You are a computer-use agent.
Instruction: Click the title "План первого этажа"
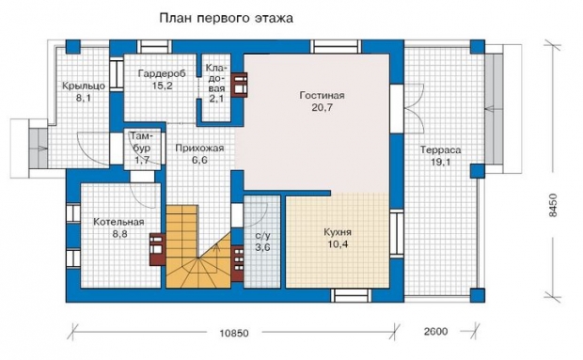(x=226, y=18)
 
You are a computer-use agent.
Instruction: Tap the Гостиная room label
(x=322, y=96)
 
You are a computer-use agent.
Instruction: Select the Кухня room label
(x=338, y=232)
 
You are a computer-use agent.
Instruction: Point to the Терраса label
(x=441, y=150)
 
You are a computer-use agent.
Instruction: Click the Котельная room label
(x=118, y=222)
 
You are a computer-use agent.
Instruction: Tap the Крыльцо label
(x=84, y=86)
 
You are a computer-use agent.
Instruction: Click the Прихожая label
(x=199, y=149)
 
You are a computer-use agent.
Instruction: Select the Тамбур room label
(x=142, y=142)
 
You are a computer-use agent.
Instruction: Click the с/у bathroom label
(x=263, y=236)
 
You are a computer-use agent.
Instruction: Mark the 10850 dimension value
(x=234, y=333)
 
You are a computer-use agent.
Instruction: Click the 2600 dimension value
(x=435, y=331)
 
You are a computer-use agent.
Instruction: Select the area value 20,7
(x=322, y=108)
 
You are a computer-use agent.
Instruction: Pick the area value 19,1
(x=441, y=163)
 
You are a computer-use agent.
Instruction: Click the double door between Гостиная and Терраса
(x=413, y=109)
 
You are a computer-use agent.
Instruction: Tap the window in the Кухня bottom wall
(x=351, y=295)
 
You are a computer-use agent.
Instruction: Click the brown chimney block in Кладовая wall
(x=240, y=85)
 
